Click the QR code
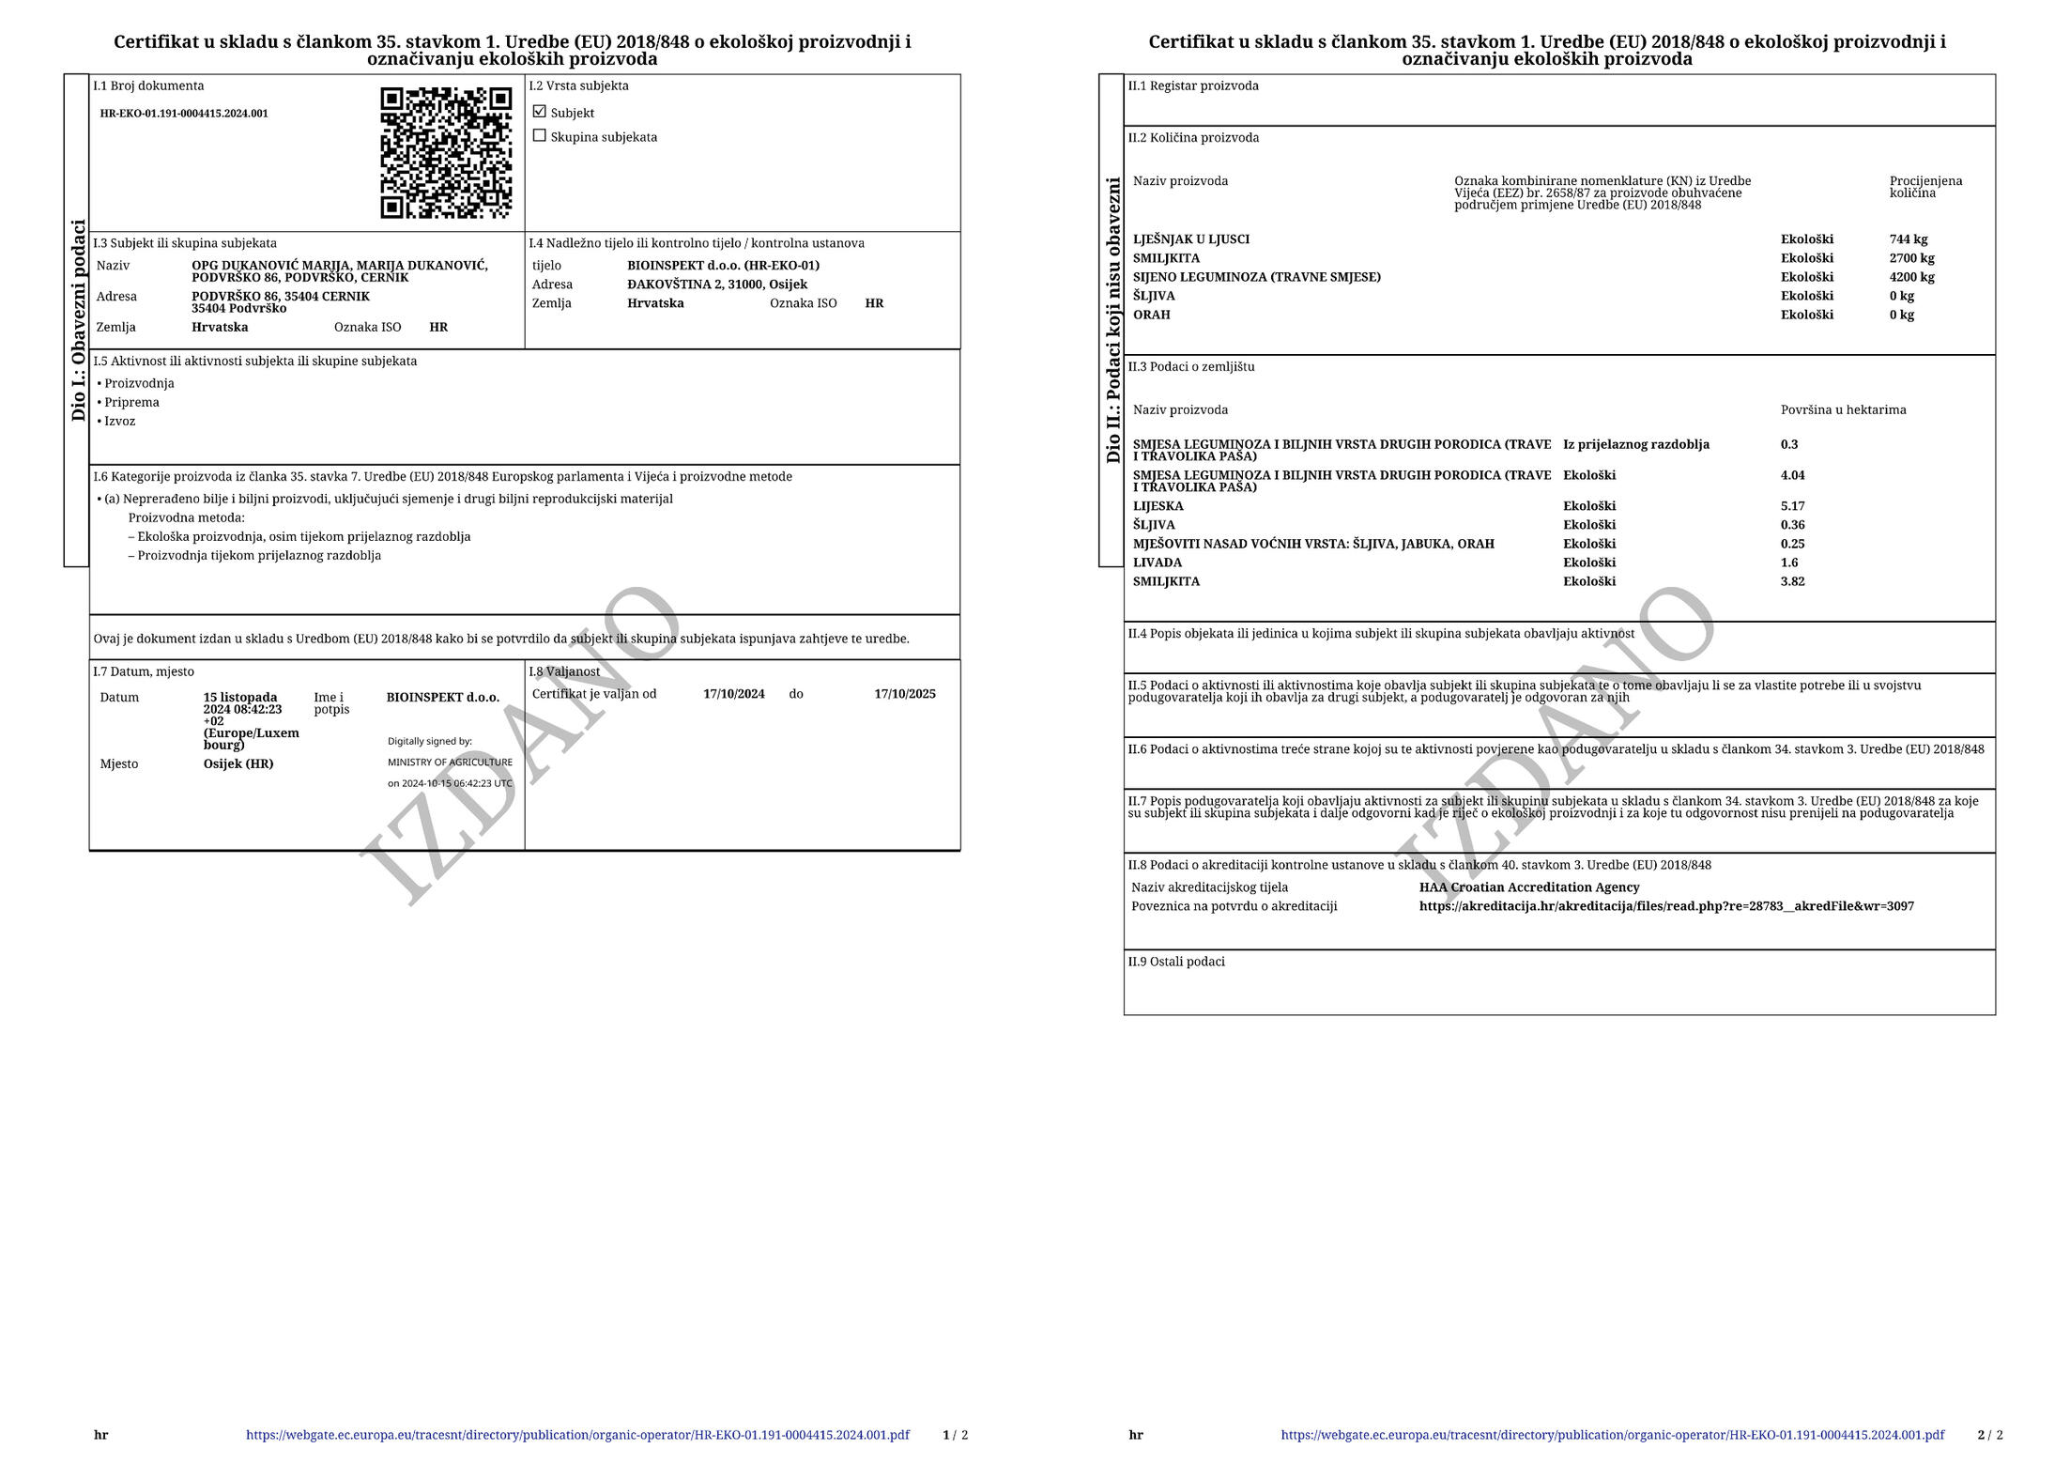coord(446,152)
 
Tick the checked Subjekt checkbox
coord(539,112)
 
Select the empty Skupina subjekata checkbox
coord(539,136)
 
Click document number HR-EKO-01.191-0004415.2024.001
coord(184,114)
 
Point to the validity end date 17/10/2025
coord(904,694)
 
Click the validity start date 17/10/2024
coord(733,694)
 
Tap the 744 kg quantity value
coord(1908,239)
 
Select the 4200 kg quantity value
coord(1911,277)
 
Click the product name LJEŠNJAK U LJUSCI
coord(1190,239)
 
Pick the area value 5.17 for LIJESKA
coord(1792,506)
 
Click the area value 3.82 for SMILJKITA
coord(1792,581)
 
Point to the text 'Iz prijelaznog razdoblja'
coord(1635,444)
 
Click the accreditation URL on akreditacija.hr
coord(1665,906)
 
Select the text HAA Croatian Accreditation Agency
coord(1528,887)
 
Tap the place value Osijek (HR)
coord(238,763)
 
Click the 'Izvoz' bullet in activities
coord(119,421)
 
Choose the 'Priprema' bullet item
coord(131,402)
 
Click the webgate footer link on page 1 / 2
coord(577,1435)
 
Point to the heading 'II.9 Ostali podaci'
coord(1176,962)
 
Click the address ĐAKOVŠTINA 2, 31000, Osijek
coord(716,285)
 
